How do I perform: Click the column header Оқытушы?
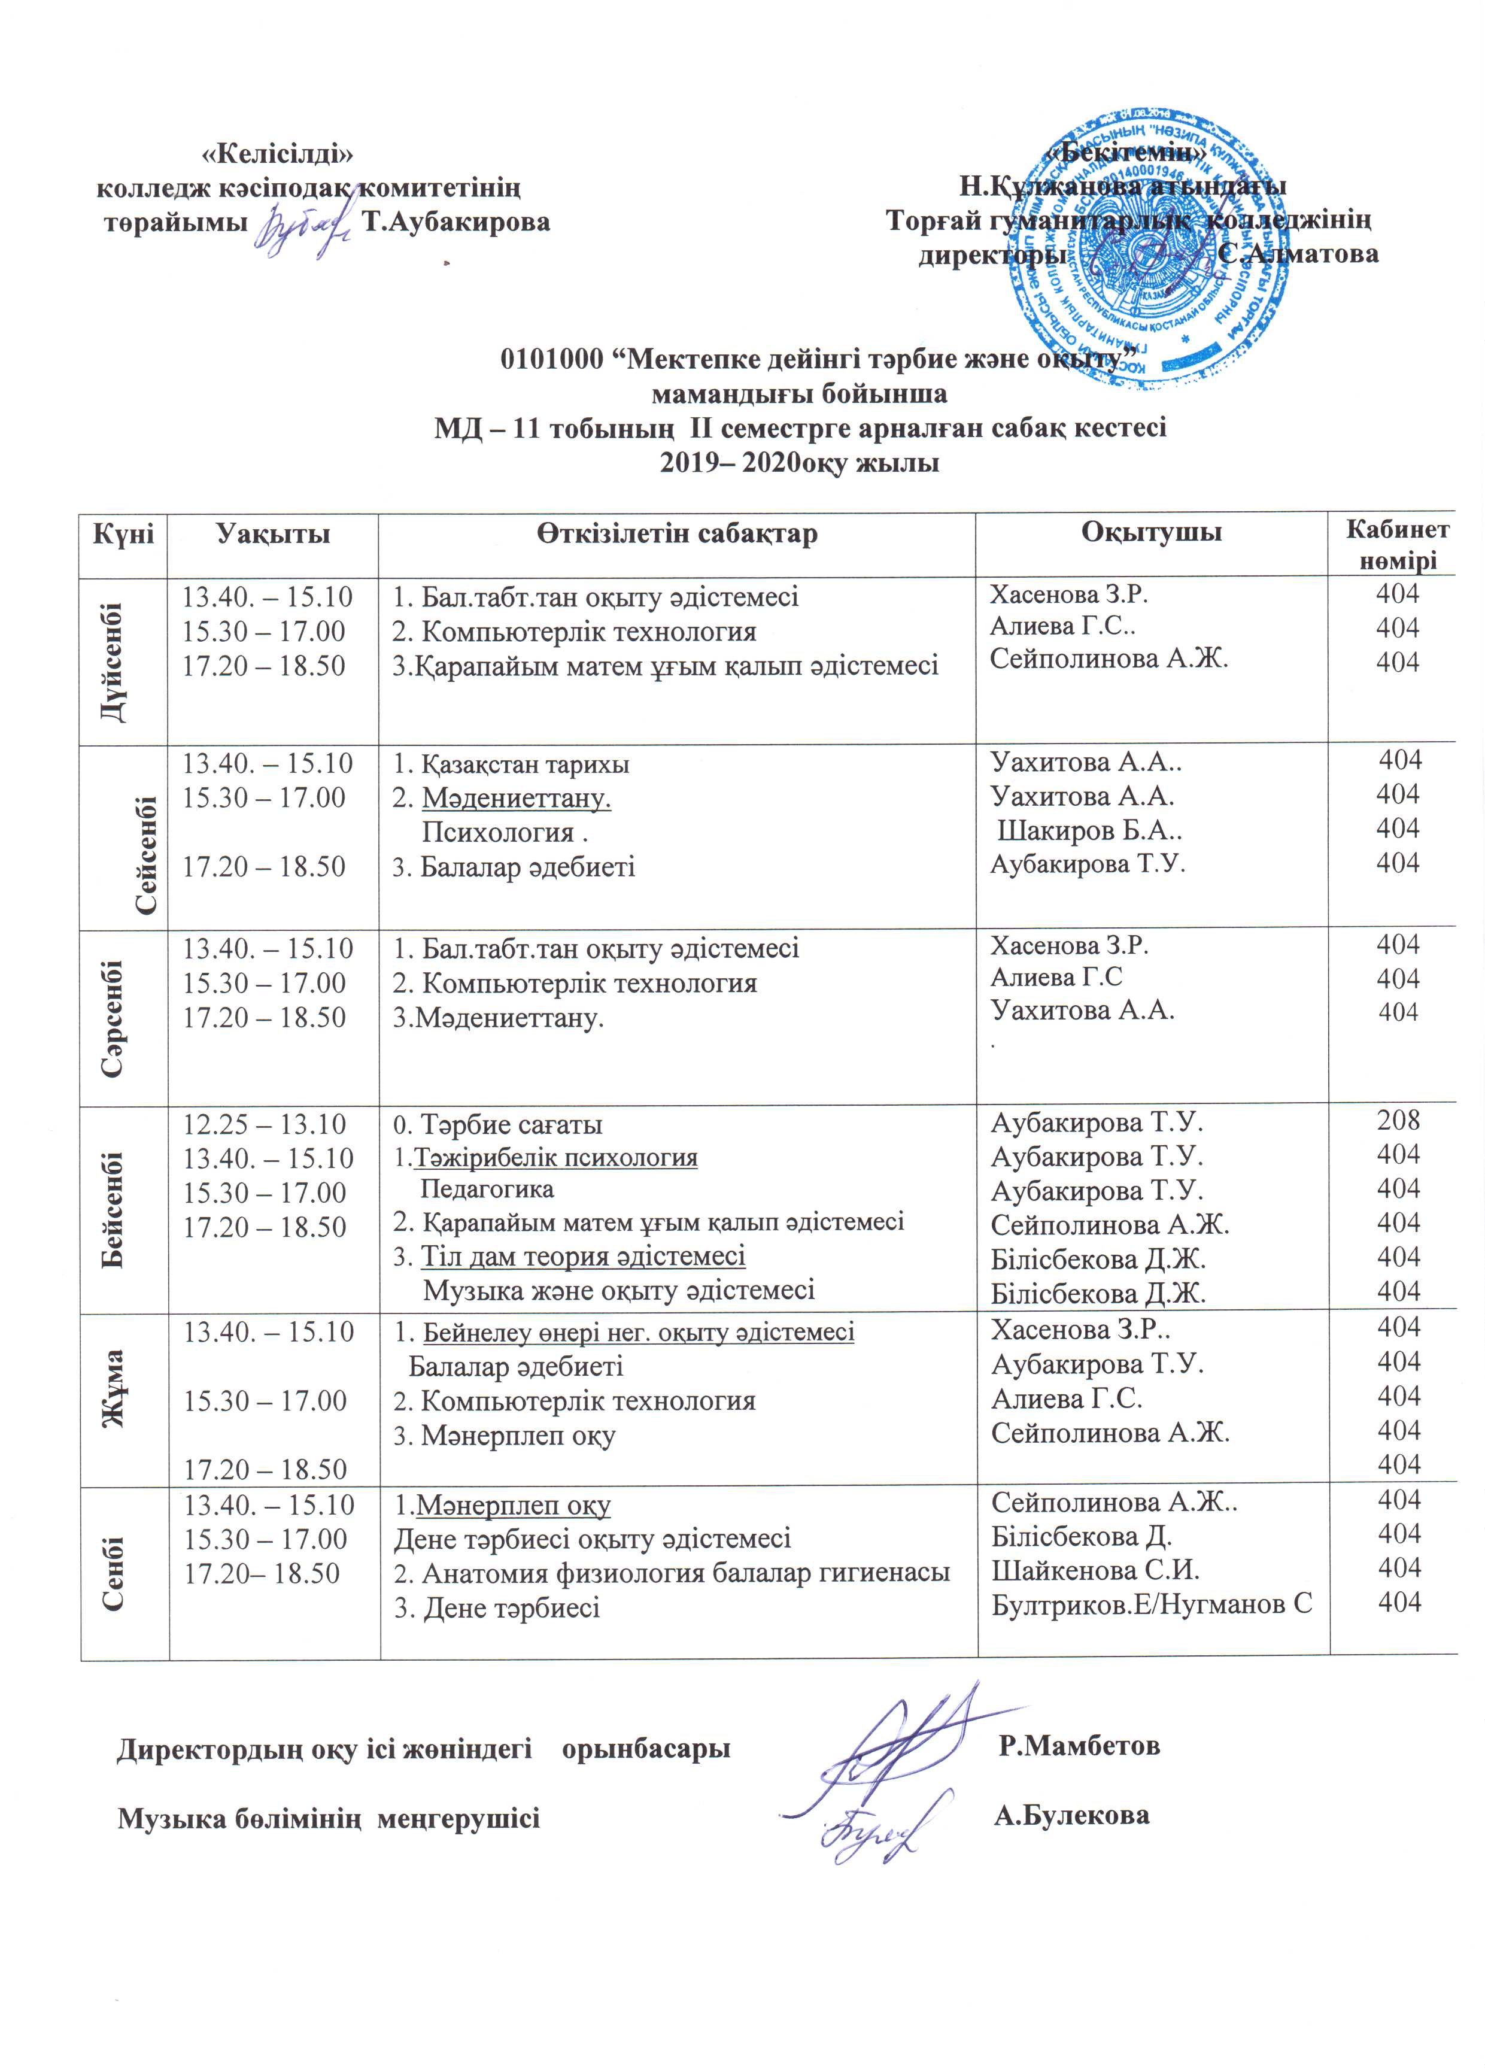point(1151,533)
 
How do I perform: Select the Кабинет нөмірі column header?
point(1398,545)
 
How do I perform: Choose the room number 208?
point(1398,1120)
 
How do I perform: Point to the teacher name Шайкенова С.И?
point(1095,1570)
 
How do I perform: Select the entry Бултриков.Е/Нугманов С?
point(1151,1604)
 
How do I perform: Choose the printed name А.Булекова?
point(1072,1815)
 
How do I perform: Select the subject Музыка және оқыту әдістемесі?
point(618,1291)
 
